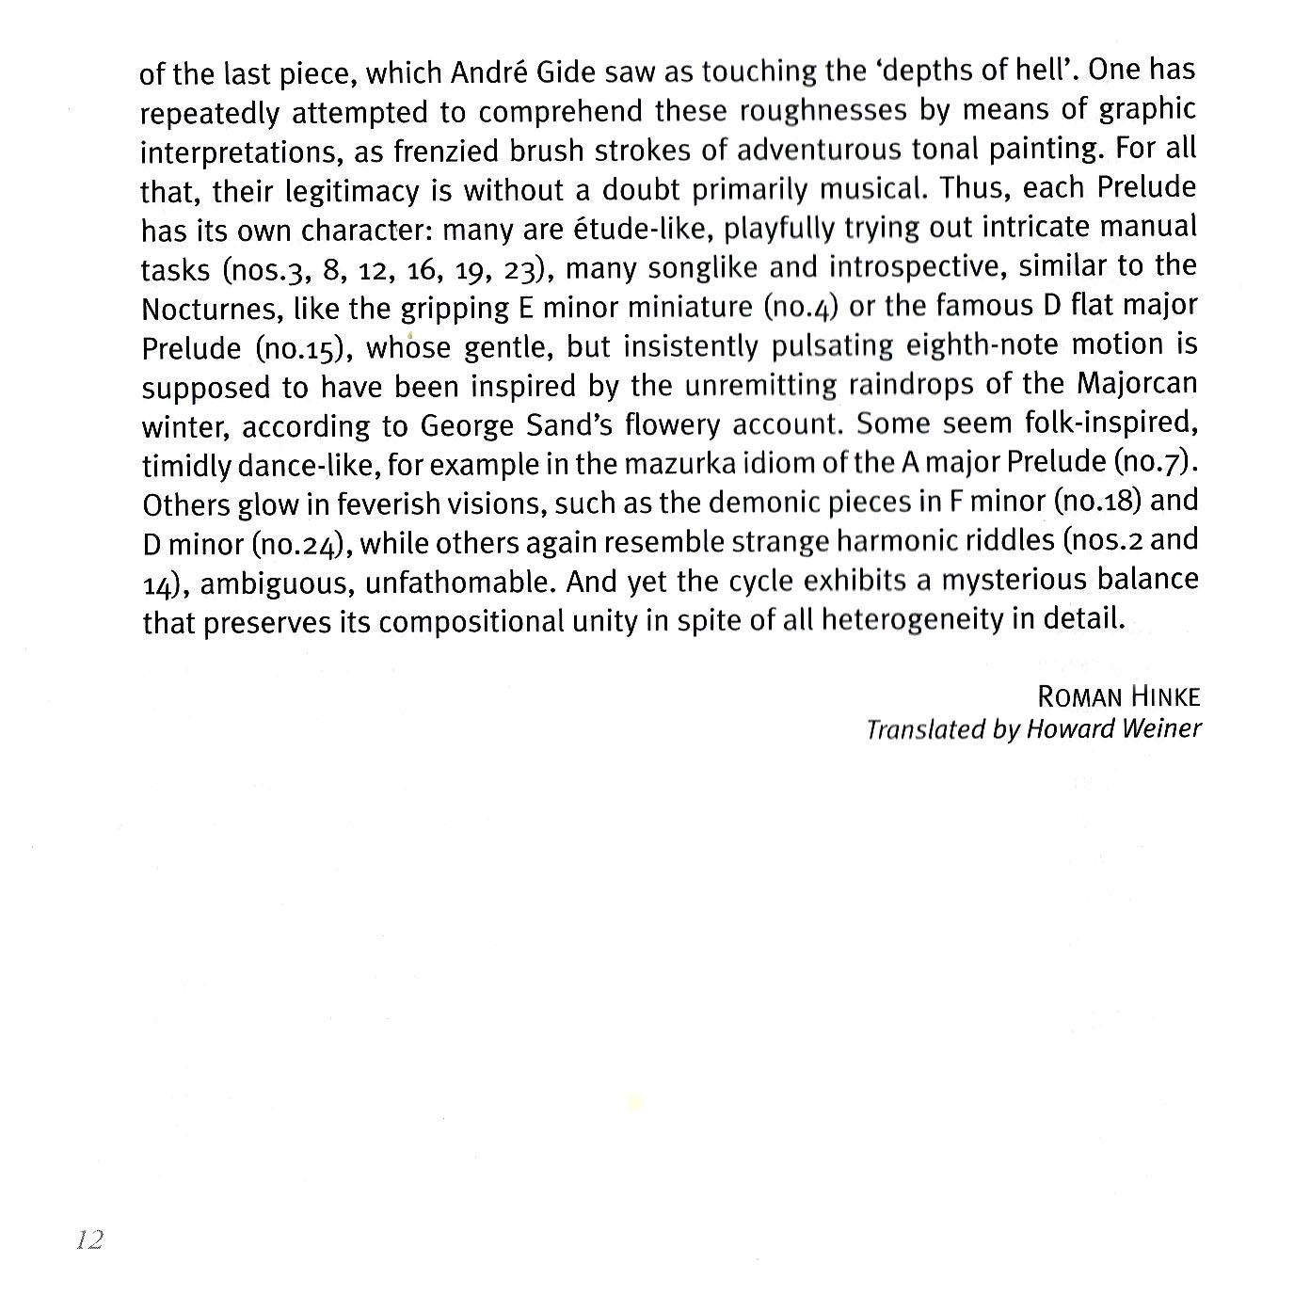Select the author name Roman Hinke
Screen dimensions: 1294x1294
(1118, 697)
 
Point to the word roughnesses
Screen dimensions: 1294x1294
(823, 112)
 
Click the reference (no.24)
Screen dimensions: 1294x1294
(301, 545)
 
